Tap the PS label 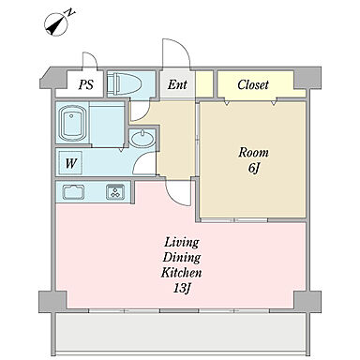86,84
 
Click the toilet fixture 125,84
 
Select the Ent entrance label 177,84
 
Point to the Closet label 253,84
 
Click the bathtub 73,123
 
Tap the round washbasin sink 142,139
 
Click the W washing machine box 70,163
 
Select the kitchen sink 74,192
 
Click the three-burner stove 115,192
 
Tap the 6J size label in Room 254,168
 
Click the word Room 253,153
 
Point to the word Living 182,243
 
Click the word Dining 182,258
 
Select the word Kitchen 181,273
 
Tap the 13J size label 182,288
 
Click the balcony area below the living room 181,332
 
